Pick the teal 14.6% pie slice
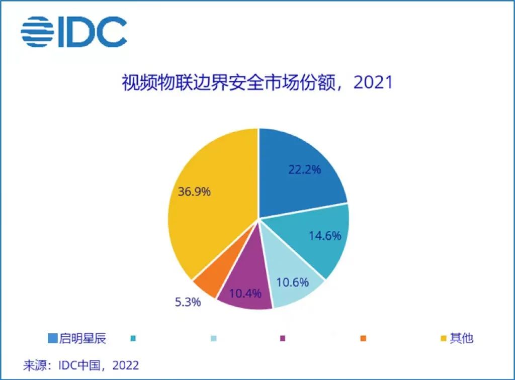coord(317,236)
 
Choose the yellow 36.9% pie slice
coord(211,201)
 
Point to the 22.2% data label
coord(304,169)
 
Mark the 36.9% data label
coord(194,192)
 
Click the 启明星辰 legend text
coord(83,338)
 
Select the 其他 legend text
coord(461,338)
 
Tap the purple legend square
coord(283,338)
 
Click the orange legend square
coord(363,338)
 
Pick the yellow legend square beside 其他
coord(444,338)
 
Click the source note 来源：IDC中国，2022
coord(81,364)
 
